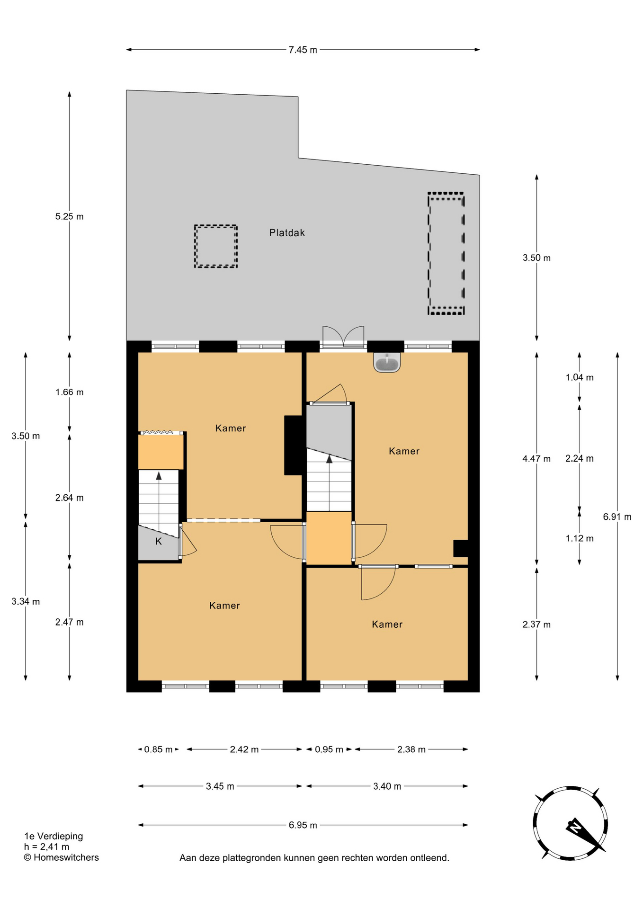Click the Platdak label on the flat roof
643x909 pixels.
287,232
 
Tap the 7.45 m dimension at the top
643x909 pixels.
303,50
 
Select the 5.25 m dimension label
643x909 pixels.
69,216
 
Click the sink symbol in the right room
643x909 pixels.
387,362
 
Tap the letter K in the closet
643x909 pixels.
159,541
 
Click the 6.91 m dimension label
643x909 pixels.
617,517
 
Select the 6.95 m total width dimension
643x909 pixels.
303,825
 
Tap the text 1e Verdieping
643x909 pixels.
54,836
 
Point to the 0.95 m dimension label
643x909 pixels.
329,749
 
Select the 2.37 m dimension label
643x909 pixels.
536,624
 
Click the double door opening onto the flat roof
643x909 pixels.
343,337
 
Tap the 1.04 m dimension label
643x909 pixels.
580,377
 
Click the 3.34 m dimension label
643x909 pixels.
26,601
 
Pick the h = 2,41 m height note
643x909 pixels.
46,847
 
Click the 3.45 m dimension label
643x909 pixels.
220,786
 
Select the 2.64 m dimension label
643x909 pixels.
69,498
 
